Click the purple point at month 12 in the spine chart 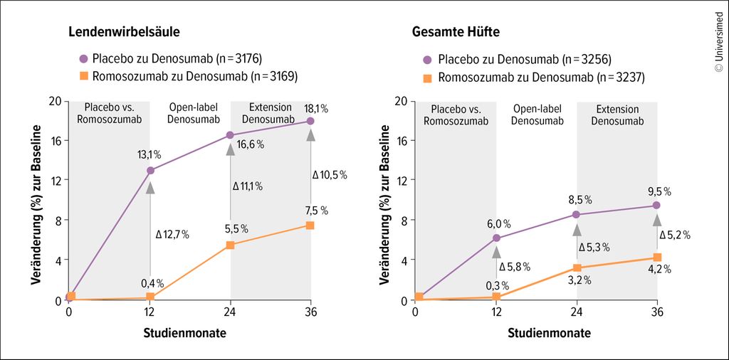(x=150, y=171)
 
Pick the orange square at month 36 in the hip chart (x=657, y=258)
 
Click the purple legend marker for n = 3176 (x=83, y=58)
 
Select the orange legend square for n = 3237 (x=427, y=77)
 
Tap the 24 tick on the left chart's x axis (x=231, y=312)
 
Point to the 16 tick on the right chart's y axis (x=400, y=141)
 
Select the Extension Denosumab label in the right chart (x=617, y=115)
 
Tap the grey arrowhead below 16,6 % (x=231, y=148)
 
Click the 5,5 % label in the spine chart (x=236, y=229)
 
